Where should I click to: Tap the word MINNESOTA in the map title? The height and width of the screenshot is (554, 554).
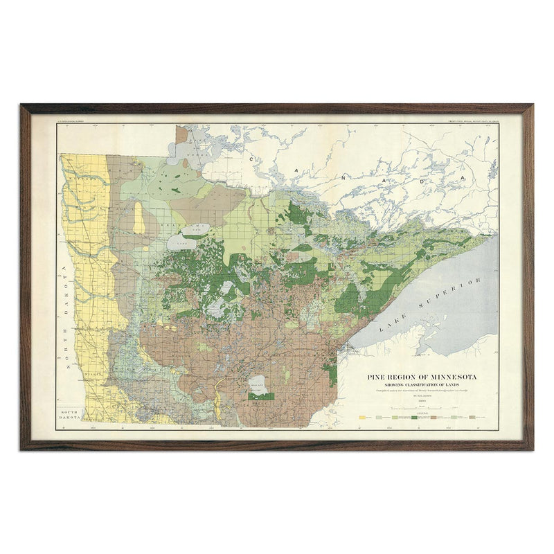click(450, 377)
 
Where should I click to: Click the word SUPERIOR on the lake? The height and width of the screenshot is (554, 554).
click(452, 294)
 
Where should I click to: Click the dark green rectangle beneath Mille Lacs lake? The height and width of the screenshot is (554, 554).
click(262, 397)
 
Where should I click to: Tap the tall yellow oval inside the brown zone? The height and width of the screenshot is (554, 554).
click(139, 217)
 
